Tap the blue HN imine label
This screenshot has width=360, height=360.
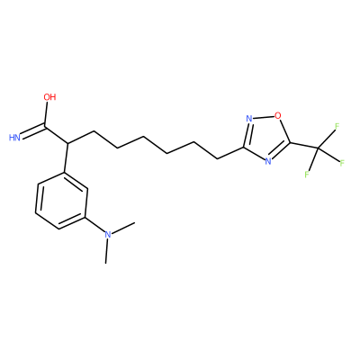[14, 138]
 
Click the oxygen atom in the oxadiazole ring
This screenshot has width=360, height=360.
[278, 115]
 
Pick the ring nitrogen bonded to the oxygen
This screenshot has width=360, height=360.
[248, 119]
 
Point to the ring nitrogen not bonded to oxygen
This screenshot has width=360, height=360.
[268, 161]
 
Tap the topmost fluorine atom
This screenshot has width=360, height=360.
[337, 126]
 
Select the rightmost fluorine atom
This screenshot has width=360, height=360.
[342, 163]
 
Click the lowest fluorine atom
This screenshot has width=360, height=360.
[307, 175]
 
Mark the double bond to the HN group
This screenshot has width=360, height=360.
[33, 131]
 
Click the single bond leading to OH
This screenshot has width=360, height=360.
[46, 113]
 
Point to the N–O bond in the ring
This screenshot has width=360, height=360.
[264, 117]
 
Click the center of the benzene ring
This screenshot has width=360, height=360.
[61, 201]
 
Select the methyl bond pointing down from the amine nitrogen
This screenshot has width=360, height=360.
[106, 251]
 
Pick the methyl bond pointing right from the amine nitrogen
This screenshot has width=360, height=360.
[123, 228]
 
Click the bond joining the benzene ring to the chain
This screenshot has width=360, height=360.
[66, 157]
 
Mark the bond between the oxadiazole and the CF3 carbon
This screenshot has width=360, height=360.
[304, 146]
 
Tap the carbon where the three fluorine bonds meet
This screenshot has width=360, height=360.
[318, 148]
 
